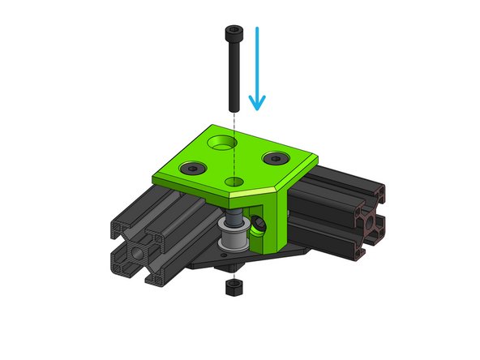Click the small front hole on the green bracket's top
[236, 181]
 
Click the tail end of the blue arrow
[257, 29]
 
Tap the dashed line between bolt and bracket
[234, 122]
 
